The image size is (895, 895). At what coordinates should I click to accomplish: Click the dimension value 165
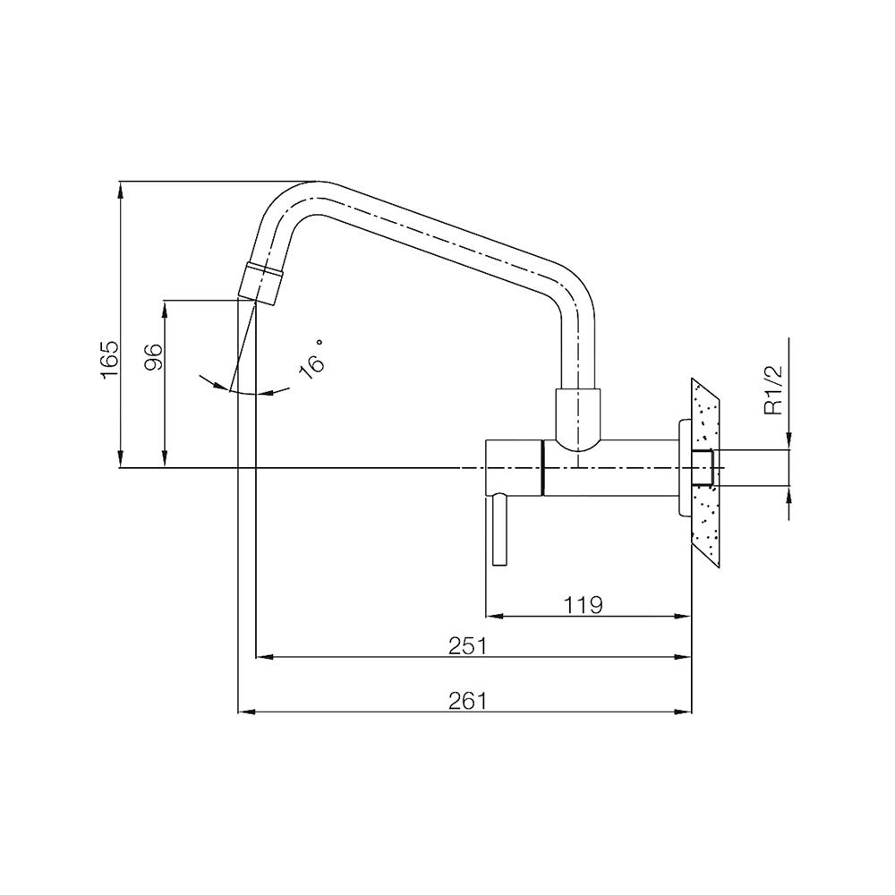click(x=109, y=359)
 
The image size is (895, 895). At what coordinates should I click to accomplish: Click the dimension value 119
click(x=583, y=604)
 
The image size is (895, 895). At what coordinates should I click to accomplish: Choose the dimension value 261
click(x=466, y=701)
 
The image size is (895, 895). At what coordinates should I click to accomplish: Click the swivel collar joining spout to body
click(x=577, y=416)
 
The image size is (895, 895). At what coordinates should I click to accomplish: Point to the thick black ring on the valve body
click(x=543, y=468)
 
